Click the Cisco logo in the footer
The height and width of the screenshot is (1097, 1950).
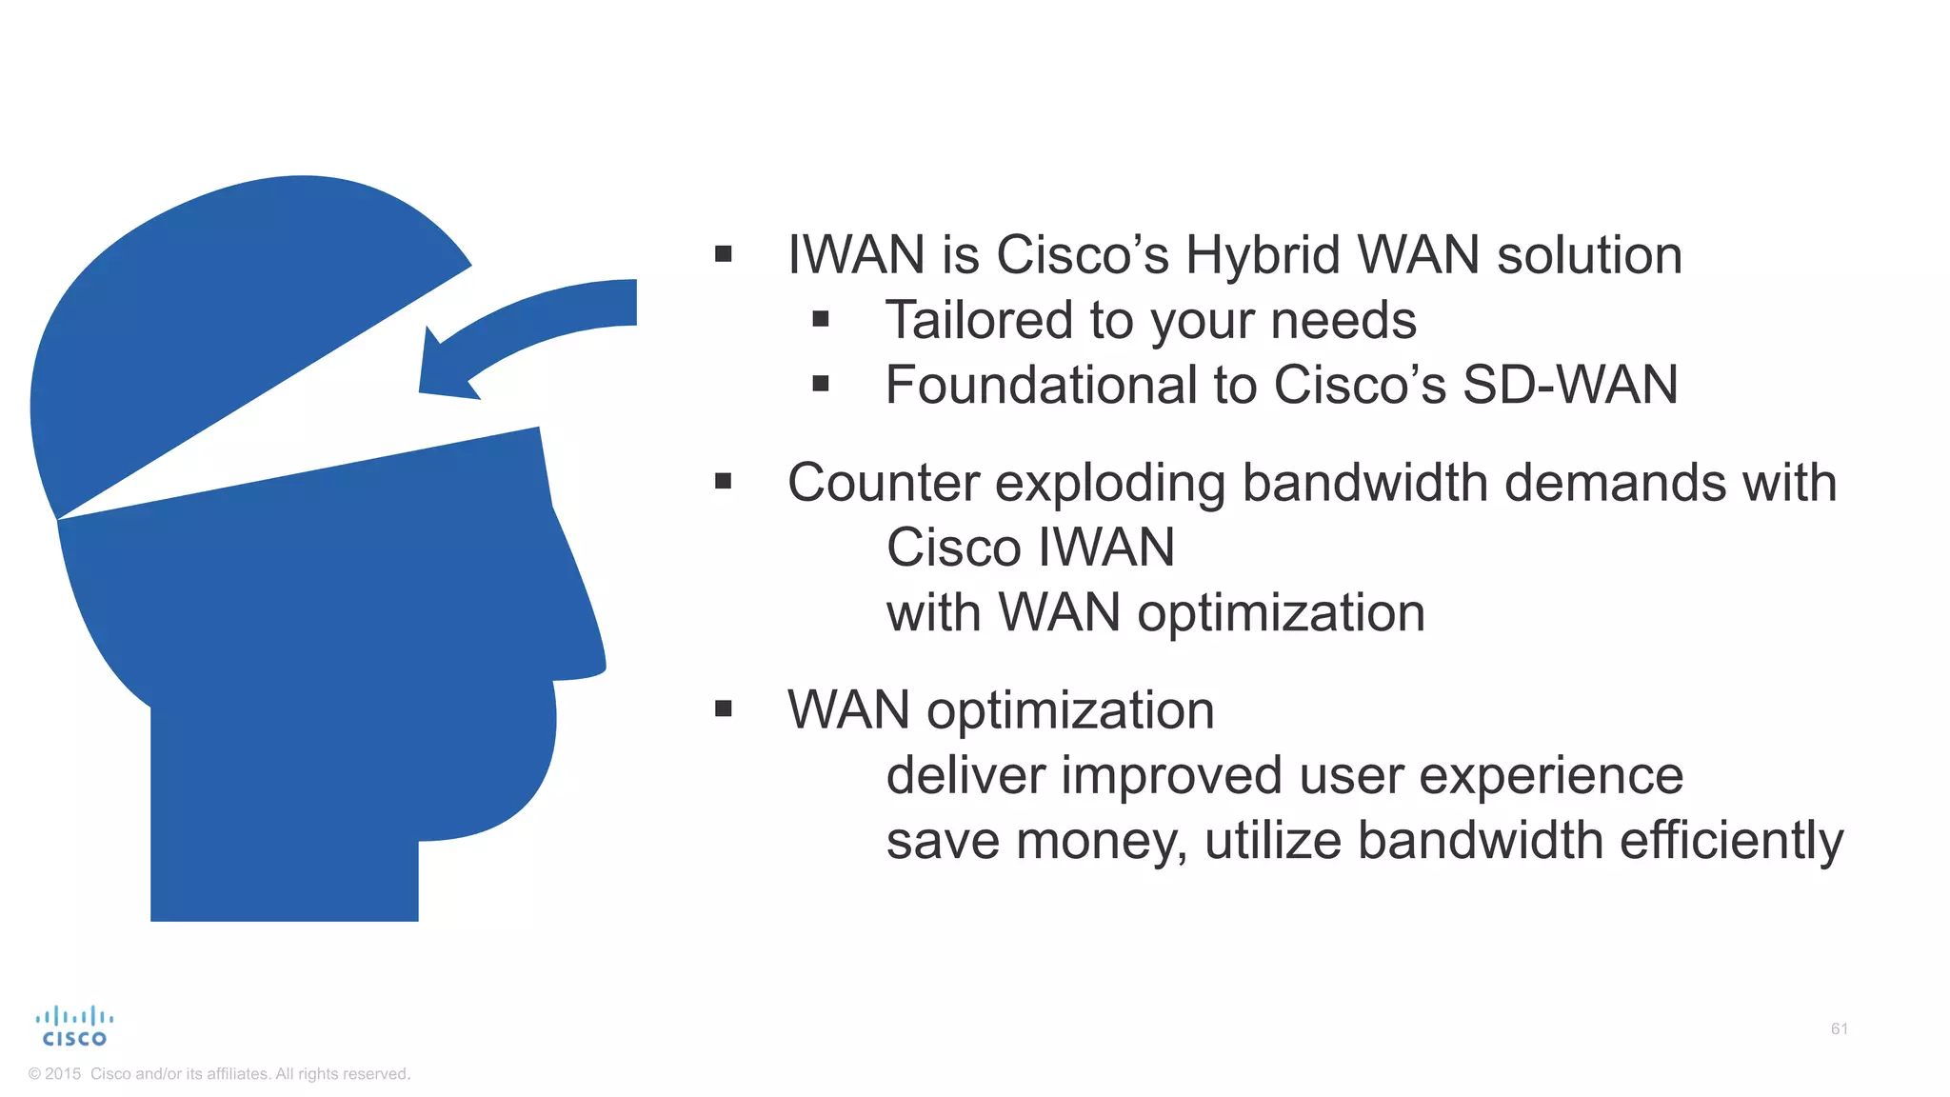(74, 1027)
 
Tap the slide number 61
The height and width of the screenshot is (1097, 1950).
(1839, 1028)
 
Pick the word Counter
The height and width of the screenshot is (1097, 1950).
(883, 483)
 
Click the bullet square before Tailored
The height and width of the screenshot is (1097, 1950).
(821, 320)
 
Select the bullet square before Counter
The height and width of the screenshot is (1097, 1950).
(724, 482)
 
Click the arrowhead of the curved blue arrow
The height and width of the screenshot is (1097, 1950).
(443, 371)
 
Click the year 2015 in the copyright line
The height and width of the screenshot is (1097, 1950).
(63, 1074)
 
